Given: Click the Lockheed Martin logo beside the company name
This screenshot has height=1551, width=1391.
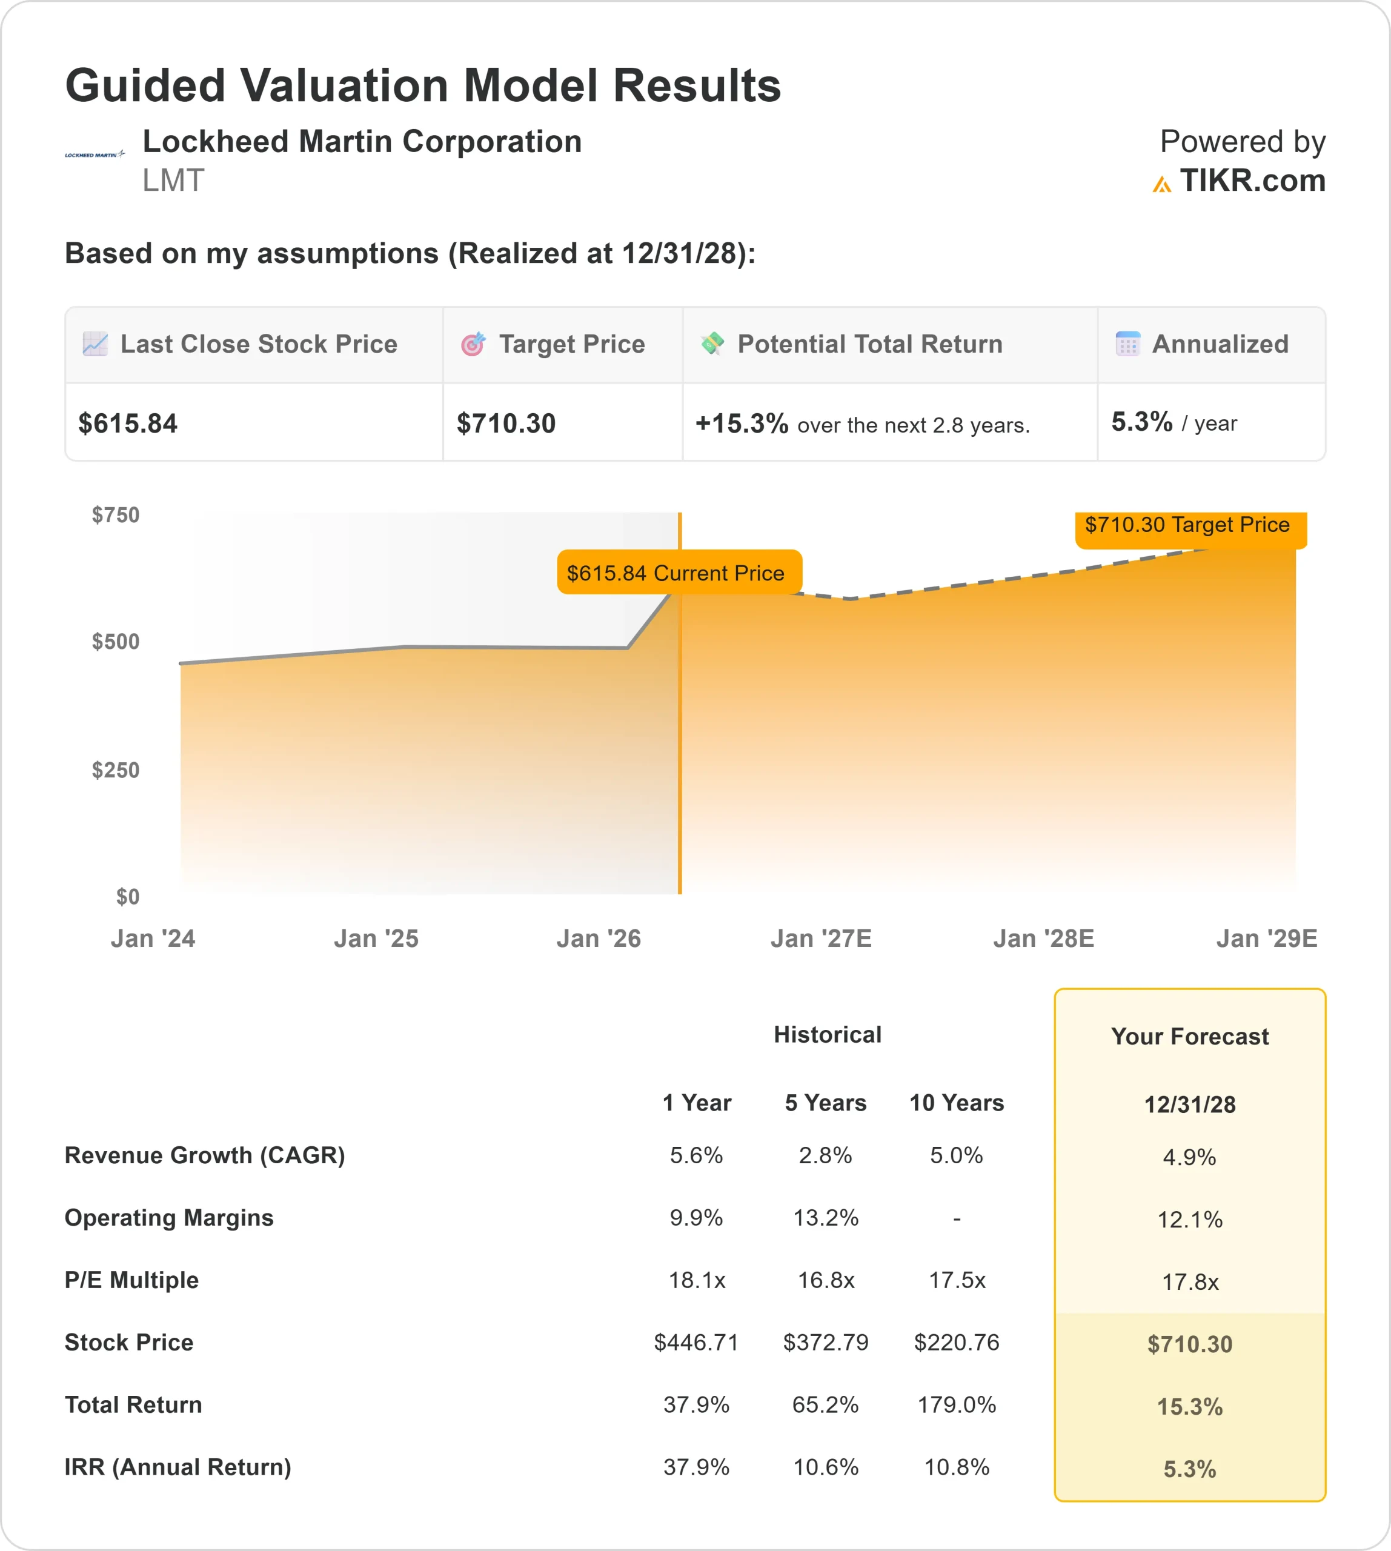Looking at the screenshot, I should (x=94, y=154).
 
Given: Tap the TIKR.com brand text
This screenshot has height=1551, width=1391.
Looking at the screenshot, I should (x=1252, y=181).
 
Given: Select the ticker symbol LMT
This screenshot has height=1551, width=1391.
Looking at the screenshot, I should (x=173, y=181).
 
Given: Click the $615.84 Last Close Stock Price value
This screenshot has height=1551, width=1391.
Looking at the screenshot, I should (x=128, y=423).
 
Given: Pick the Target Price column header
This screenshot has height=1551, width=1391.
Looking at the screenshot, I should (x=572, y=345).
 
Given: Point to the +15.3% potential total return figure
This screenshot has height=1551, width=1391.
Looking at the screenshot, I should (x=742, y=423).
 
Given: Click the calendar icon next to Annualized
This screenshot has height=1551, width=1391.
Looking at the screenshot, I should (x=1127, y=344).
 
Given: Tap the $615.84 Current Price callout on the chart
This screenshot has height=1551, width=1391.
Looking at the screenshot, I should (x=676, y=573).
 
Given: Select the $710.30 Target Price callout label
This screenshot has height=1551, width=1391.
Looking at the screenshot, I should (x=1187, y=525).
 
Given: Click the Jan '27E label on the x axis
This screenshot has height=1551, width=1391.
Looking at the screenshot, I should (x=821, y=938).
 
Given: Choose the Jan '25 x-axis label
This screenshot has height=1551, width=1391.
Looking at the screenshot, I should (x=376, y=938).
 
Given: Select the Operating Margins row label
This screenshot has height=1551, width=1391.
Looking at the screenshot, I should (x=169, y=1218).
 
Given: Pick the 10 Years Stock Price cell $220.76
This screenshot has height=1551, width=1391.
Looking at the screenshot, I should (x=956, y=1343).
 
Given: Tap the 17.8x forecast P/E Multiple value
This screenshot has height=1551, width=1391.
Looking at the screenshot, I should (x=1190, y=1282).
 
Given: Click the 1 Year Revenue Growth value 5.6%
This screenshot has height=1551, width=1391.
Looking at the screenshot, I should (x=696, y=1155).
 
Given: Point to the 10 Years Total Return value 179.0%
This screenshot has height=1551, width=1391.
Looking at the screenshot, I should (x=956, y=1405).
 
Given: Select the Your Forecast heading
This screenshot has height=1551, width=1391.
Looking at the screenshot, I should (x=1190, y=1037).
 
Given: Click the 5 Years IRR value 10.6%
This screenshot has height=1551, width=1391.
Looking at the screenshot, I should (x=825, y=1467).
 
